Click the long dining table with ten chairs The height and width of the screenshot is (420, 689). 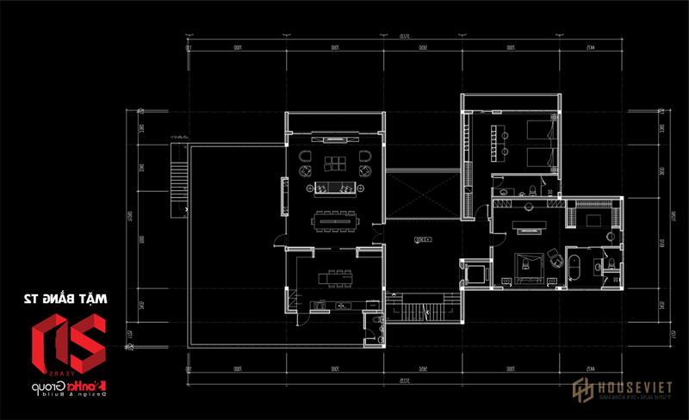332,219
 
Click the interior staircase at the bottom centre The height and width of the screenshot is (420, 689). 421,309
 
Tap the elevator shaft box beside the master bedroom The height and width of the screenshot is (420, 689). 472,274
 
